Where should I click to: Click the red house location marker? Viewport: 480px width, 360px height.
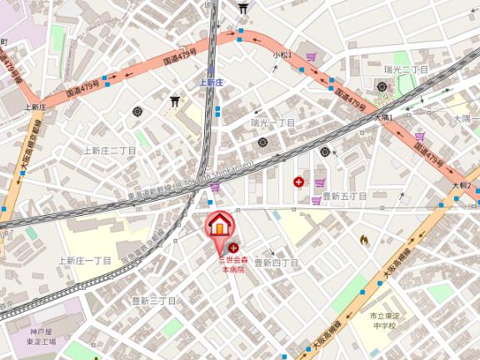coord(219,226)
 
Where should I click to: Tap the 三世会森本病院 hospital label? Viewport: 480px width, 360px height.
coord(233,265)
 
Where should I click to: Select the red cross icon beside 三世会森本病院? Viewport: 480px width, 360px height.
coord(232,247)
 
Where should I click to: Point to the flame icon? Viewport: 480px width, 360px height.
coord(364,240)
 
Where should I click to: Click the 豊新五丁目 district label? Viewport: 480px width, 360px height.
coord(344,196)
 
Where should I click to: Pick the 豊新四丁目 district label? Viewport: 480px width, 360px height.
coord(276,262)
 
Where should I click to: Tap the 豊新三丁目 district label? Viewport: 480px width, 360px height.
coord(154,300)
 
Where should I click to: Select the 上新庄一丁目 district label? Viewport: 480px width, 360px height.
coord(84,261)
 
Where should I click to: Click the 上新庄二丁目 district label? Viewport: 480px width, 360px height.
coord(109,151)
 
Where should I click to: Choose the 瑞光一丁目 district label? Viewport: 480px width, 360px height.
coord(273,122)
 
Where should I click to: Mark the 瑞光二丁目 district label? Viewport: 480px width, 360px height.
coord(406,69)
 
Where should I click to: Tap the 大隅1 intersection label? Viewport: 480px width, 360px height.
coord(382,117)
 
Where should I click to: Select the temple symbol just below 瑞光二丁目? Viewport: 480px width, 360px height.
coord(382,86)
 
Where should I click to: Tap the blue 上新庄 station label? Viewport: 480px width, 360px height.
coord(211,82)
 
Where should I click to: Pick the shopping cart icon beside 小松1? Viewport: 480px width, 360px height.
coord(312,57)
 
